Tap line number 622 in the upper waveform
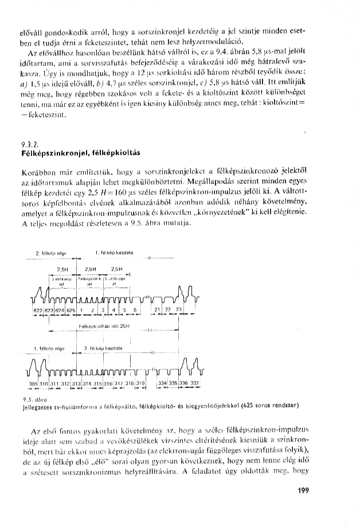[x=38, y=310]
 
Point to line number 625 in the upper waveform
[x=71, y=310]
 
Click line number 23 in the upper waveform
[x=179, y=309]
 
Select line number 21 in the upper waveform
[x=157, y=309]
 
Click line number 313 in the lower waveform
[x=77, y=383]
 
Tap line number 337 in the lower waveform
[x=194, y=383]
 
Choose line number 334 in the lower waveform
[x=162, y=383]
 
